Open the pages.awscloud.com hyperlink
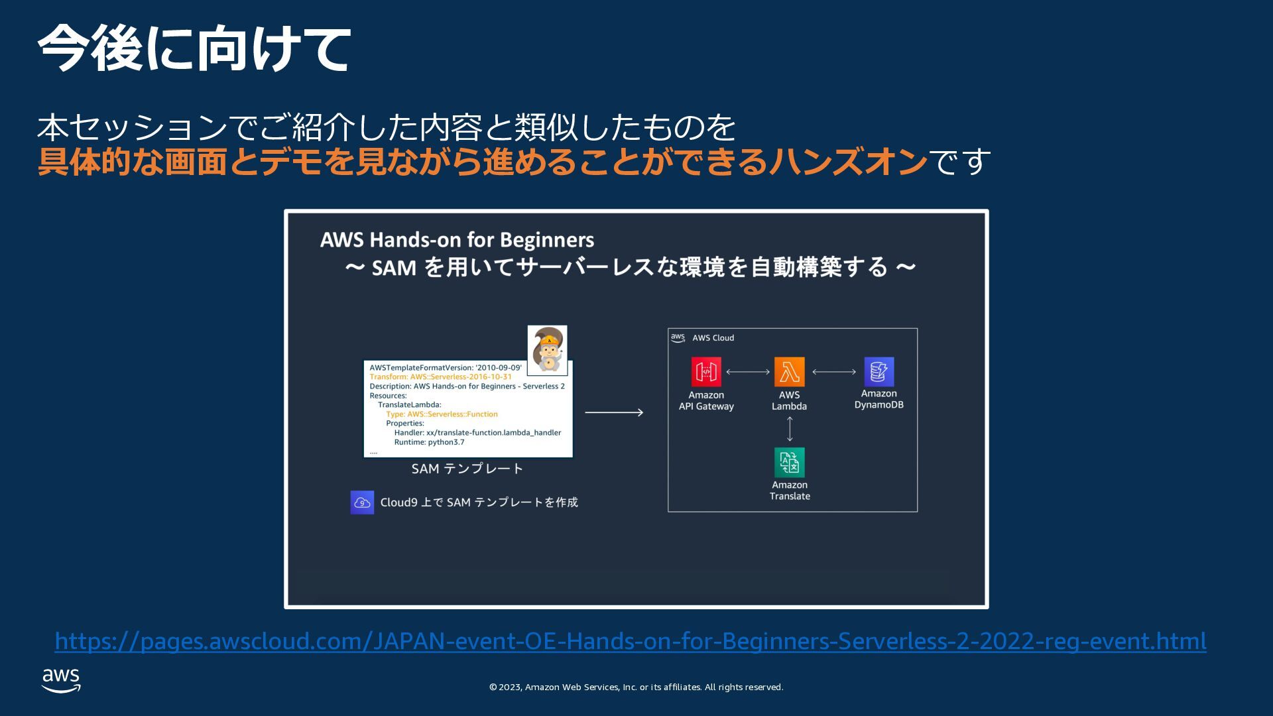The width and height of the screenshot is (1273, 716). tap(630, 641)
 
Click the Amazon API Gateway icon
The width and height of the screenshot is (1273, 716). tap(706, 372)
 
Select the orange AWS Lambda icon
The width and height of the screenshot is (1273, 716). tap(789, 372)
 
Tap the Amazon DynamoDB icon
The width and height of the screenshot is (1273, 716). tap(879, 372)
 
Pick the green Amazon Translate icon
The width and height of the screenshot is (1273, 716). tap(789, 462)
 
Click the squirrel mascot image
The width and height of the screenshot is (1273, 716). tap(548, 350)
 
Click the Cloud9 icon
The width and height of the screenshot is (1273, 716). tap(362, 503)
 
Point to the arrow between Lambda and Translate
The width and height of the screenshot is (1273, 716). tap(789, 429)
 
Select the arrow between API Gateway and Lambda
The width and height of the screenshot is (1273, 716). tap(748, 372)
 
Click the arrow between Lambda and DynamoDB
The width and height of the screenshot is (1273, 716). tap(834, 372)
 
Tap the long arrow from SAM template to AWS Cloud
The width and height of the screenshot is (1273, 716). tap(614, 412)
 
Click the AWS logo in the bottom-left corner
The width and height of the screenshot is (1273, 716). tap(61, 680)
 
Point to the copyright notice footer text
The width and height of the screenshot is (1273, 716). tap(636, 687)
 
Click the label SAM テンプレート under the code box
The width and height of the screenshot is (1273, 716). tap(467, 469)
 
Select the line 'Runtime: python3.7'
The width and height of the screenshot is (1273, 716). tap(429, 442)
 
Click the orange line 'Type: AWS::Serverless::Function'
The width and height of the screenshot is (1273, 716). tap(442, 414)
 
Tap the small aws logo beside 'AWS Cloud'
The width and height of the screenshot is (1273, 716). tap(678, 337)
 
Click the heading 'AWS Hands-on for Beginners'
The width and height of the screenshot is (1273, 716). tap(457, 239)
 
